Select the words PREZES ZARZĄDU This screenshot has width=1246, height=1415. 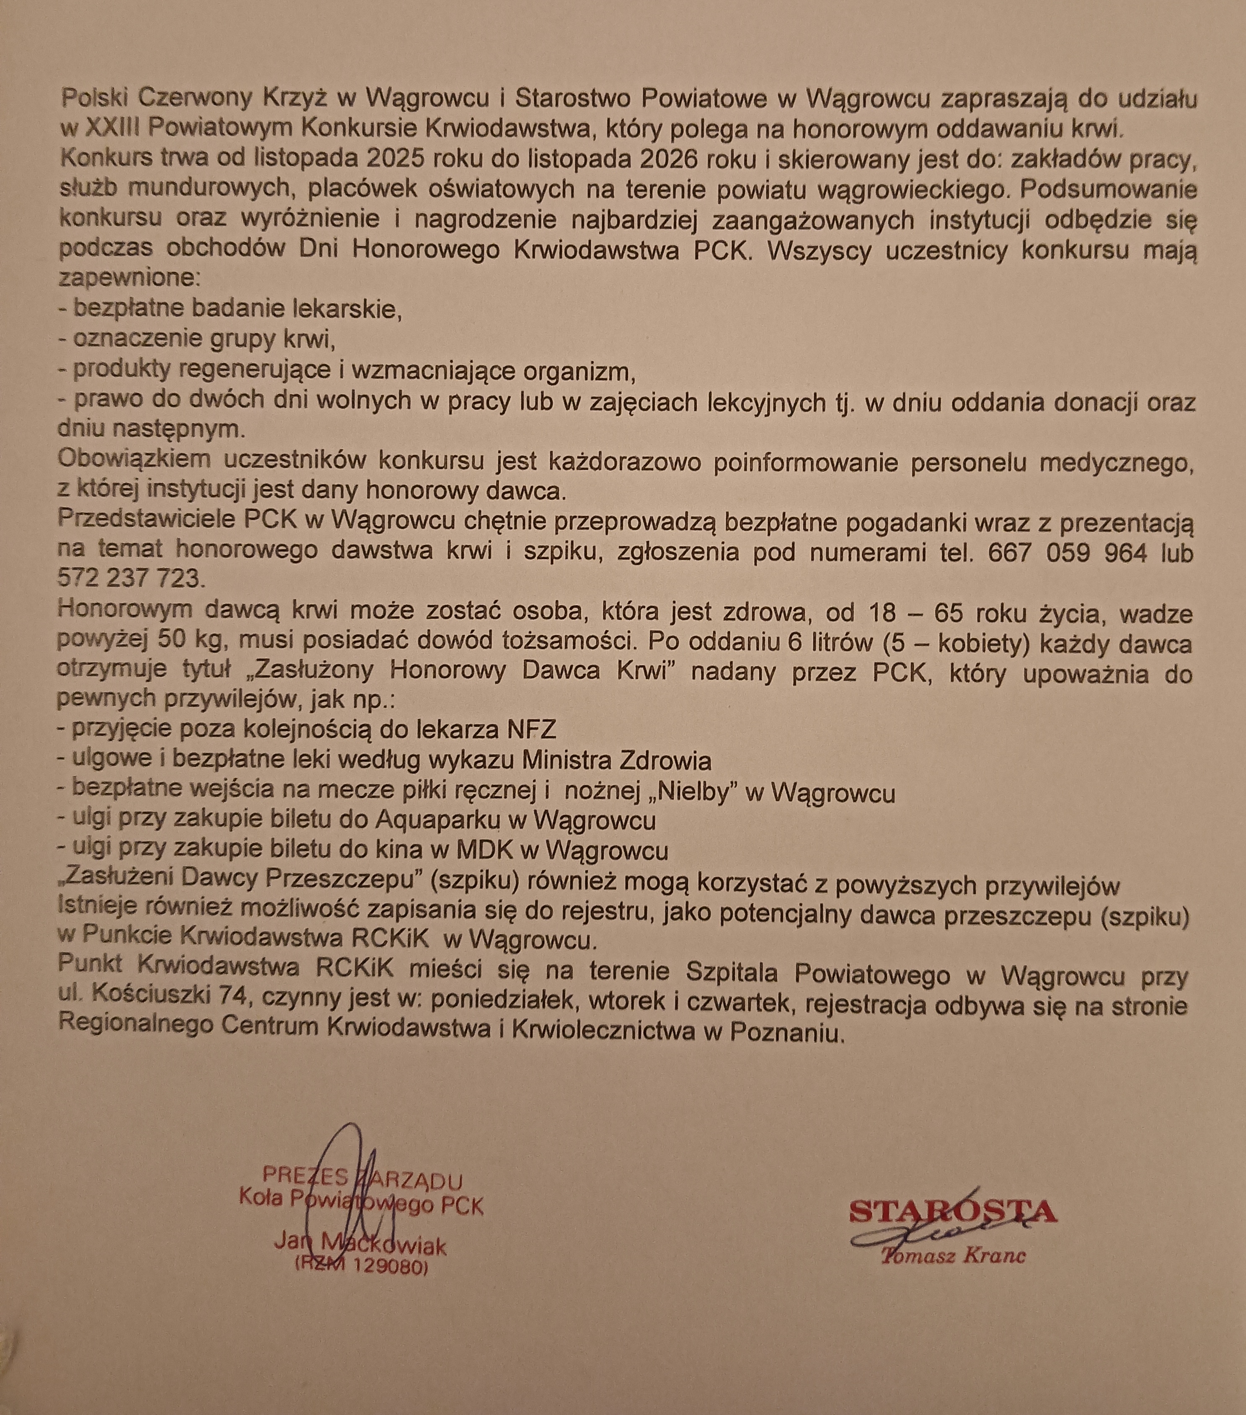[x=362, y=1177]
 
